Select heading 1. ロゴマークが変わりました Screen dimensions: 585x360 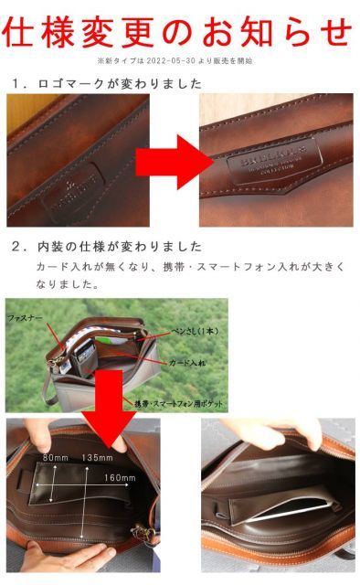107,83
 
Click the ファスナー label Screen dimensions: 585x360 25,315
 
